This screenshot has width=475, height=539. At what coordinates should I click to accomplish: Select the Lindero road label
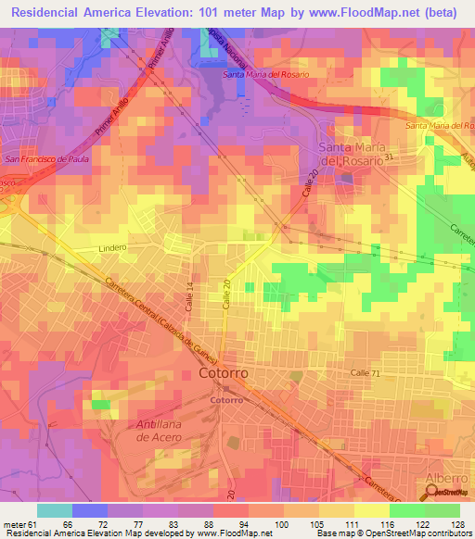(x=112, y=249)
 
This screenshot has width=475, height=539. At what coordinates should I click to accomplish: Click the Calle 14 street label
(x=190, y=295)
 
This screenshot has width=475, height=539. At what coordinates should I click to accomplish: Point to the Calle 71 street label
(x=366, y=371)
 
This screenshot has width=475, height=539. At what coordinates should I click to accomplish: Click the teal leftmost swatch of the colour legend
(x=55, y=510)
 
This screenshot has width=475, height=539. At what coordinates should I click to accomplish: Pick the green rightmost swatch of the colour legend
(x=443, y=510)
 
